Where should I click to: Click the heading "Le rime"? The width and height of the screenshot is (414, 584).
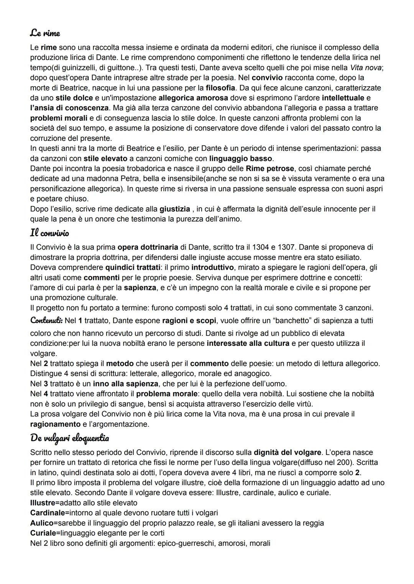coord(45,33)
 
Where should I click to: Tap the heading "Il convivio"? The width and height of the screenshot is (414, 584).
coord(49,233)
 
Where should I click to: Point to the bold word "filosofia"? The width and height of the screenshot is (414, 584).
coord(220,87)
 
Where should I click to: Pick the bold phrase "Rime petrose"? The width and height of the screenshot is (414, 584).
coord(270,168)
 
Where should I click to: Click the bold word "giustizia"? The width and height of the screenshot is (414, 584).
coord(175,209)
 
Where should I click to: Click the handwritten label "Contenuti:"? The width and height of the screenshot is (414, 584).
coord(46,320)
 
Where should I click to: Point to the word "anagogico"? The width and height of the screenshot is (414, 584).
coord(250,373)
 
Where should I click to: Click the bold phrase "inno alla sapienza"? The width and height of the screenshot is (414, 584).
coord(125,383)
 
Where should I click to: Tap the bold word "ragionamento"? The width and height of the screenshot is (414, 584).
coord(55,424)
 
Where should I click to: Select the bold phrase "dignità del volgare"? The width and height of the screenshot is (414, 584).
coord(287,452)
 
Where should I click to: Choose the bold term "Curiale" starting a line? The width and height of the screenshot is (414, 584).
coord(43,533)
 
